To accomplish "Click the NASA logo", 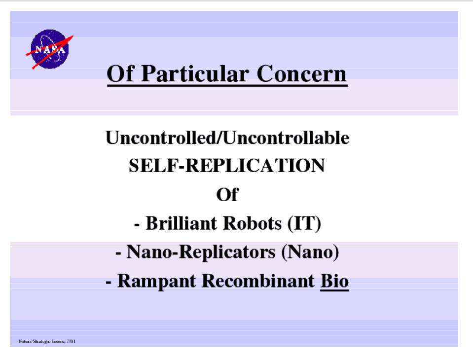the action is pyautogui.click(x=50, y=49).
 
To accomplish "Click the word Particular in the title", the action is pyautogui.click(x=195, y=74).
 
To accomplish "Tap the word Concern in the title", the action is pyautogui.click(x=302, y=73).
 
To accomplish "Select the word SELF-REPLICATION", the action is pyautogui.click(x=227, y=166).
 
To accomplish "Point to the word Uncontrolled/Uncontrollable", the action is pyautogui.click(x=227, y=138).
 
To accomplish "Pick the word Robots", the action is pyautogui.click(x=252, y=223).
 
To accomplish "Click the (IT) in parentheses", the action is pyautogui.click(x=304, y=224).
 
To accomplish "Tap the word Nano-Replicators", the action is pyautogui.click(x=201, y=252).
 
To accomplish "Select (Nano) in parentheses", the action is pyautogui.click(x=310, y=252).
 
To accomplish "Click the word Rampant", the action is pyautogui.click(x=156, y=281).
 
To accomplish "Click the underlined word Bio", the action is pyautogui.click(x=334, y=281).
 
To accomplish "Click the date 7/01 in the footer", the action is pyautogui.click(x=71, y=341).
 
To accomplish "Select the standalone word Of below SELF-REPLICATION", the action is pyautogui.click(x=227, y=194).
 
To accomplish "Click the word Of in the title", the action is pyautogui.click(x=120, y=73).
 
